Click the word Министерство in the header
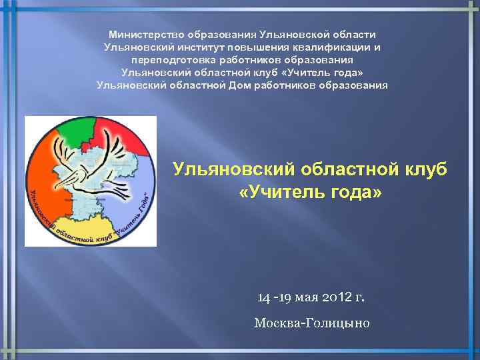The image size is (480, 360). [x=146, y=34]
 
